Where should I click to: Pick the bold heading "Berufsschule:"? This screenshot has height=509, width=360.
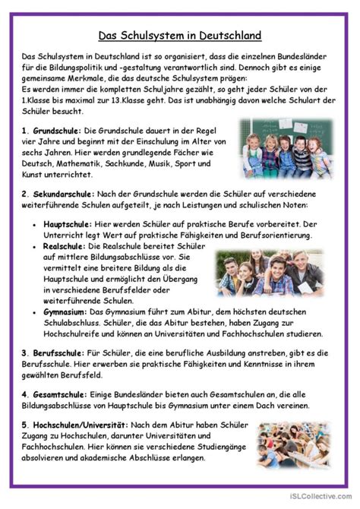[x=58, y=353]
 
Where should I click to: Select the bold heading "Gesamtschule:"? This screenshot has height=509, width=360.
[x=60, y=396]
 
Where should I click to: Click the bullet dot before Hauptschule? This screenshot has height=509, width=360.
[x=35, y=226]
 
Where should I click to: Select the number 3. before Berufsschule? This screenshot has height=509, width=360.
[x=25, y=353]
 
